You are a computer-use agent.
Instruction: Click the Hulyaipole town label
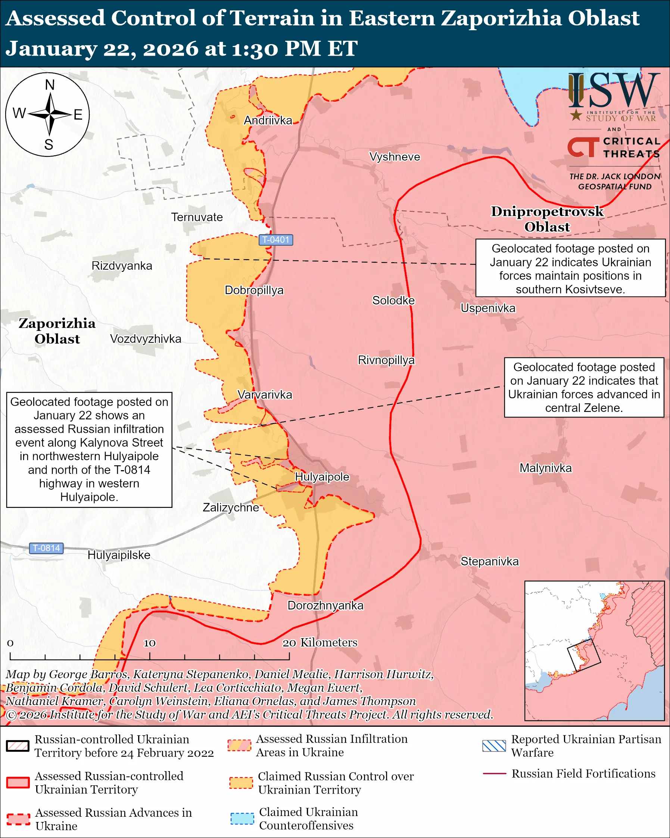coord(322,477)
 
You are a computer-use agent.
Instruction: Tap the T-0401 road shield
coord(275,240)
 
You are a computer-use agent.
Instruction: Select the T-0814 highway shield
coord(46,548)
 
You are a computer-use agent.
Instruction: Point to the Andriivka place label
coord(268,121)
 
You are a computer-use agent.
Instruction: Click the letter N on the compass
coord(50,85)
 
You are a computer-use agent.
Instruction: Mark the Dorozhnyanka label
coord(325,605)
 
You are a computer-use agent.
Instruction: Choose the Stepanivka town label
coord(489,561)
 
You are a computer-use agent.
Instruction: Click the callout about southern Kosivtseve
coord(570,269)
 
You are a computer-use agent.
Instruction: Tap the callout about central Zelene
coord(584,387)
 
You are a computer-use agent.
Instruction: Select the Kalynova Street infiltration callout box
coord(89,449)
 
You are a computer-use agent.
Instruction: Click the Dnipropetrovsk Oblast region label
coord(547,219)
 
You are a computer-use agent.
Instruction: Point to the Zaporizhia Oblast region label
coord(57,331)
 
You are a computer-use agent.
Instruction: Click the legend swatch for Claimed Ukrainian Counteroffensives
coord(242,818)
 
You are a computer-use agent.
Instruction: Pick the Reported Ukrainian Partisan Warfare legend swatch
coord(494,746)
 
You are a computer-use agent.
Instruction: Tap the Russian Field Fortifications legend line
coord(494,773)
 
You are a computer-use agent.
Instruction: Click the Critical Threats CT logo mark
coord(583,147)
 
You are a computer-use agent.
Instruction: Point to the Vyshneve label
coord(394,157)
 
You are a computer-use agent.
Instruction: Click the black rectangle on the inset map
coord(584,655)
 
